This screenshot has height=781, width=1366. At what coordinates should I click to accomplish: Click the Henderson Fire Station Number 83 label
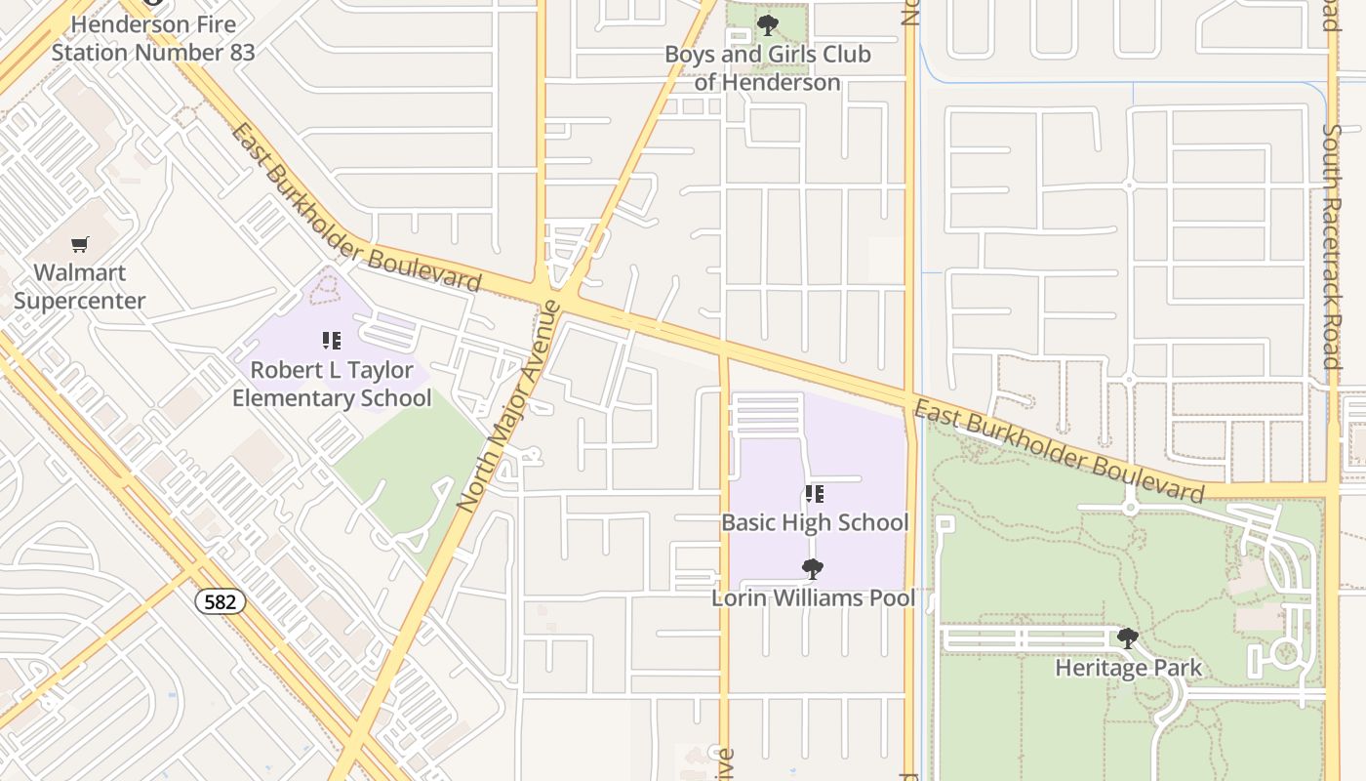[153, 38]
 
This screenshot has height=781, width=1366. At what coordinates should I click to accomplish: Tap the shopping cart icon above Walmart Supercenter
[80, 244]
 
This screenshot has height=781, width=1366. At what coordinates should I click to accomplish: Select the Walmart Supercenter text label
[80, 286]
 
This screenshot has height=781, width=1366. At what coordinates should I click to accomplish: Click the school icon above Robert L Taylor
[332, 341]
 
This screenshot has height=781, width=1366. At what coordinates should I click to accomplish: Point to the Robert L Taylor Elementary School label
[332, 384]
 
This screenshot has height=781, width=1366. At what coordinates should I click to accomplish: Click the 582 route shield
[221, 601]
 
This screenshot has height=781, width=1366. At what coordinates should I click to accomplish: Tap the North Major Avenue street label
[509, 406]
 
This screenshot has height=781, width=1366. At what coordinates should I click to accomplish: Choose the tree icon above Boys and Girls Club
[768, 25]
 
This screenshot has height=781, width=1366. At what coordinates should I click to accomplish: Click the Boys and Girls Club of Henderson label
[768, 68]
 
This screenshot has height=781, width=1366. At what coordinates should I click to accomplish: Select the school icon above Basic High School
[815, 494]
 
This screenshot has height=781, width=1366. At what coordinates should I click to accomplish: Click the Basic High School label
[815, 522]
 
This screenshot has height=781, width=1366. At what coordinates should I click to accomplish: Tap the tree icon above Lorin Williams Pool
[812, 569]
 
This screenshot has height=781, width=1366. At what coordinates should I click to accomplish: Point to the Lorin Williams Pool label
[813, 597]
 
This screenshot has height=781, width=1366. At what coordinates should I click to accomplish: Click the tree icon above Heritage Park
[1128, 639]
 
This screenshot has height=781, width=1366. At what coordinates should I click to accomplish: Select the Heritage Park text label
[1129, 669]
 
